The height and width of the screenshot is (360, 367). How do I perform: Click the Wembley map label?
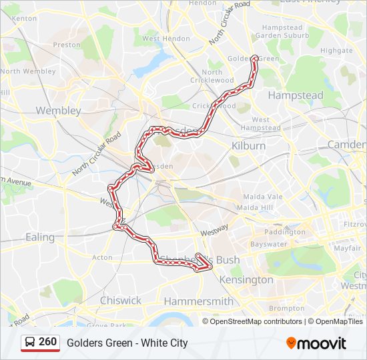click(x=58, y=111)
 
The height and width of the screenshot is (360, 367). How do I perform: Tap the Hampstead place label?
click(x=295, y=95)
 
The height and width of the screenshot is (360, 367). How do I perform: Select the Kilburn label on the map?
click(x=248, y=145)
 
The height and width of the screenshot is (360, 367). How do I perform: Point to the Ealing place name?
click(x=40, y=237)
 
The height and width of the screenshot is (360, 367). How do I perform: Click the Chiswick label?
click(x=121, y=301)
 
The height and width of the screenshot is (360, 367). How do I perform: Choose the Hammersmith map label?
click(x=198, y=301)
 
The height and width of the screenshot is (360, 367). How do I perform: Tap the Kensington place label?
click(x=246, y=280)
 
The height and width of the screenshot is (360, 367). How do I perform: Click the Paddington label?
click(x=284, y=232)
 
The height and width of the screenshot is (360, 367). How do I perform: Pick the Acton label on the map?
click(x=103, y=257)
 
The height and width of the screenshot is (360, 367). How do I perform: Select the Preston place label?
click(x=66, y=45)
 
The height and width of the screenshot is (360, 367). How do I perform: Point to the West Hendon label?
click(x=166, y=39)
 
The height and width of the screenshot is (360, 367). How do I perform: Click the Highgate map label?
click(x=336, y=50)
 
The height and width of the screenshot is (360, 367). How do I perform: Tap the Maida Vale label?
click(x=263, y=197)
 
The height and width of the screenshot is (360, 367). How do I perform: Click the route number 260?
click(x=47, y=342)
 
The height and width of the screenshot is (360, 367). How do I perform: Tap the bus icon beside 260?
click(x=30, y=343)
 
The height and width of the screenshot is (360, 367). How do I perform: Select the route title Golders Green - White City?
click(x=127, y=343)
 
